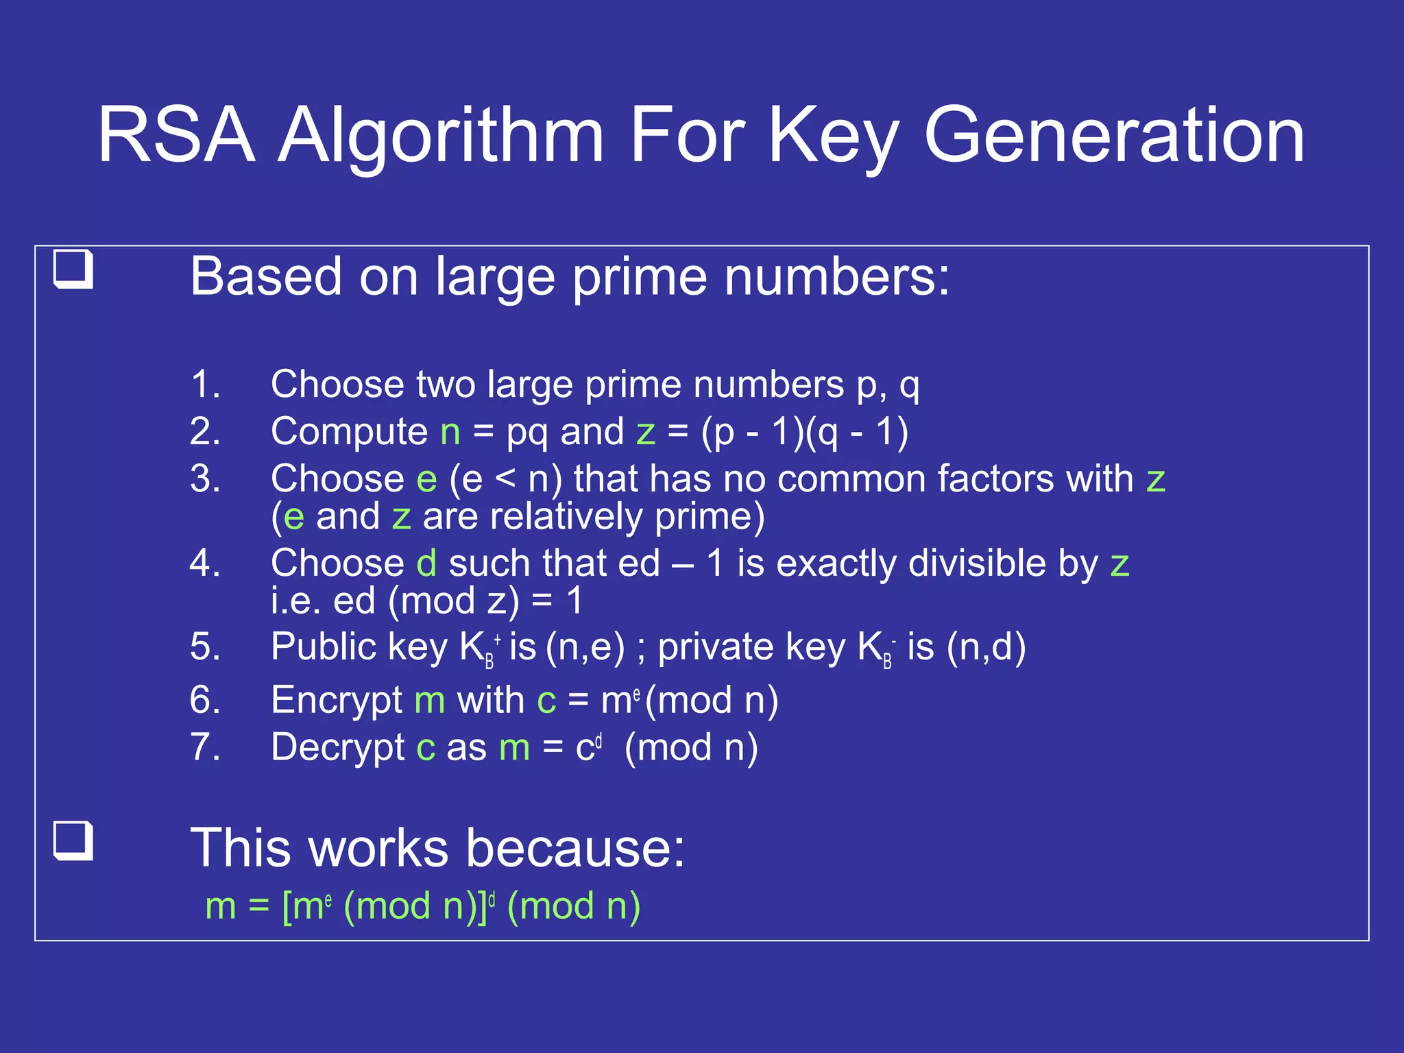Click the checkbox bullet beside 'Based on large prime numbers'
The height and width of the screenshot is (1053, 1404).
tap(73, 269)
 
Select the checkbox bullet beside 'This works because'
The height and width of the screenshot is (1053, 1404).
tap(73, 840)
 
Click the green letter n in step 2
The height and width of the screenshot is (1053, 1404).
tap(450, 433)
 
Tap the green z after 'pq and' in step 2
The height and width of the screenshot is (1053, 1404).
tap(646, 433)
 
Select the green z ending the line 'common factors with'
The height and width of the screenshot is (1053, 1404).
tap(1156, 480)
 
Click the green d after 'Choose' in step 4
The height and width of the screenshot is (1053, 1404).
tap(426, 564)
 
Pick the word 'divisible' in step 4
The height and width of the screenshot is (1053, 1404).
tap(976, 564)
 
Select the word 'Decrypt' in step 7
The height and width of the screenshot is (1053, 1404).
tap(337, 749)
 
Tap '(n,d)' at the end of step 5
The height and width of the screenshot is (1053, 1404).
tap(986, 647)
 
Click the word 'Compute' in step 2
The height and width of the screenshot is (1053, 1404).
tap(349, 433)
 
